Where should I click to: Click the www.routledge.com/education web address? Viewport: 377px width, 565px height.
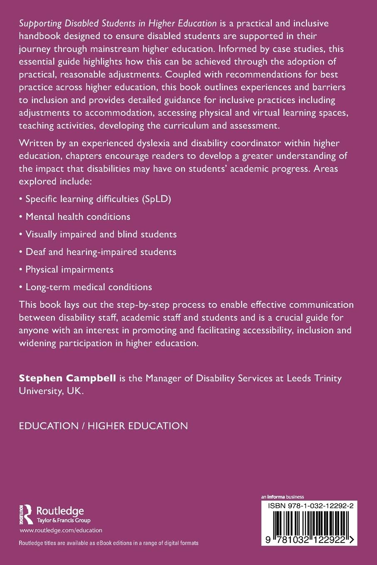[61, 530]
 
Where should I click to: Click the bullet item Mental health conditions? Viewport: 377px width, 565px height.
[78, 217]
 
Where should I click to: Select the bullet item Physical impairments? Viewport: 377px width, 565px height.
[69, 269]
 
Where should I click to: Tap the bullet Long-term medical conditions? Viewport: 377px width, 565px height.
[89, 287]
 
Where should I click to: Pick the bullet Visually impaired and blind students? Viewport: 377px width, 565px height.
[101, 234]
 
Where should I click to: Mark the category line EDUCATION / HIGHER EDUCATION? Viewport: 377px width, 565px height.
[103, 426]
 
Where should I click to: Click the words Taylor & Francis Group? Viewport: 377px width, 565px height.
[64, 520]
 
